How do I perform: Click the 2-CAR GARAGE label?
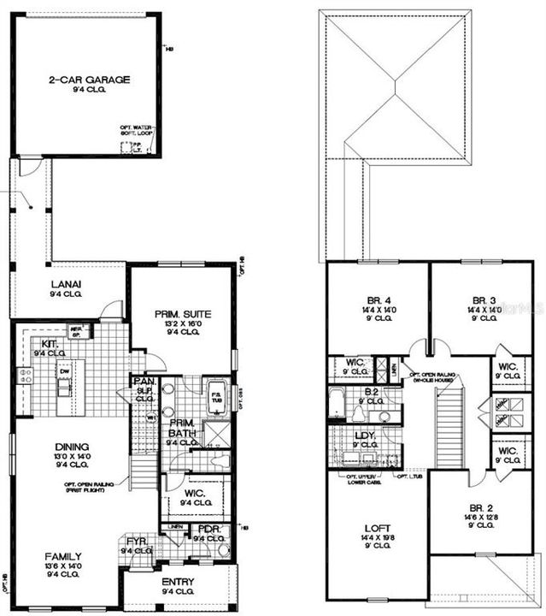(x=89, y=80)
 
